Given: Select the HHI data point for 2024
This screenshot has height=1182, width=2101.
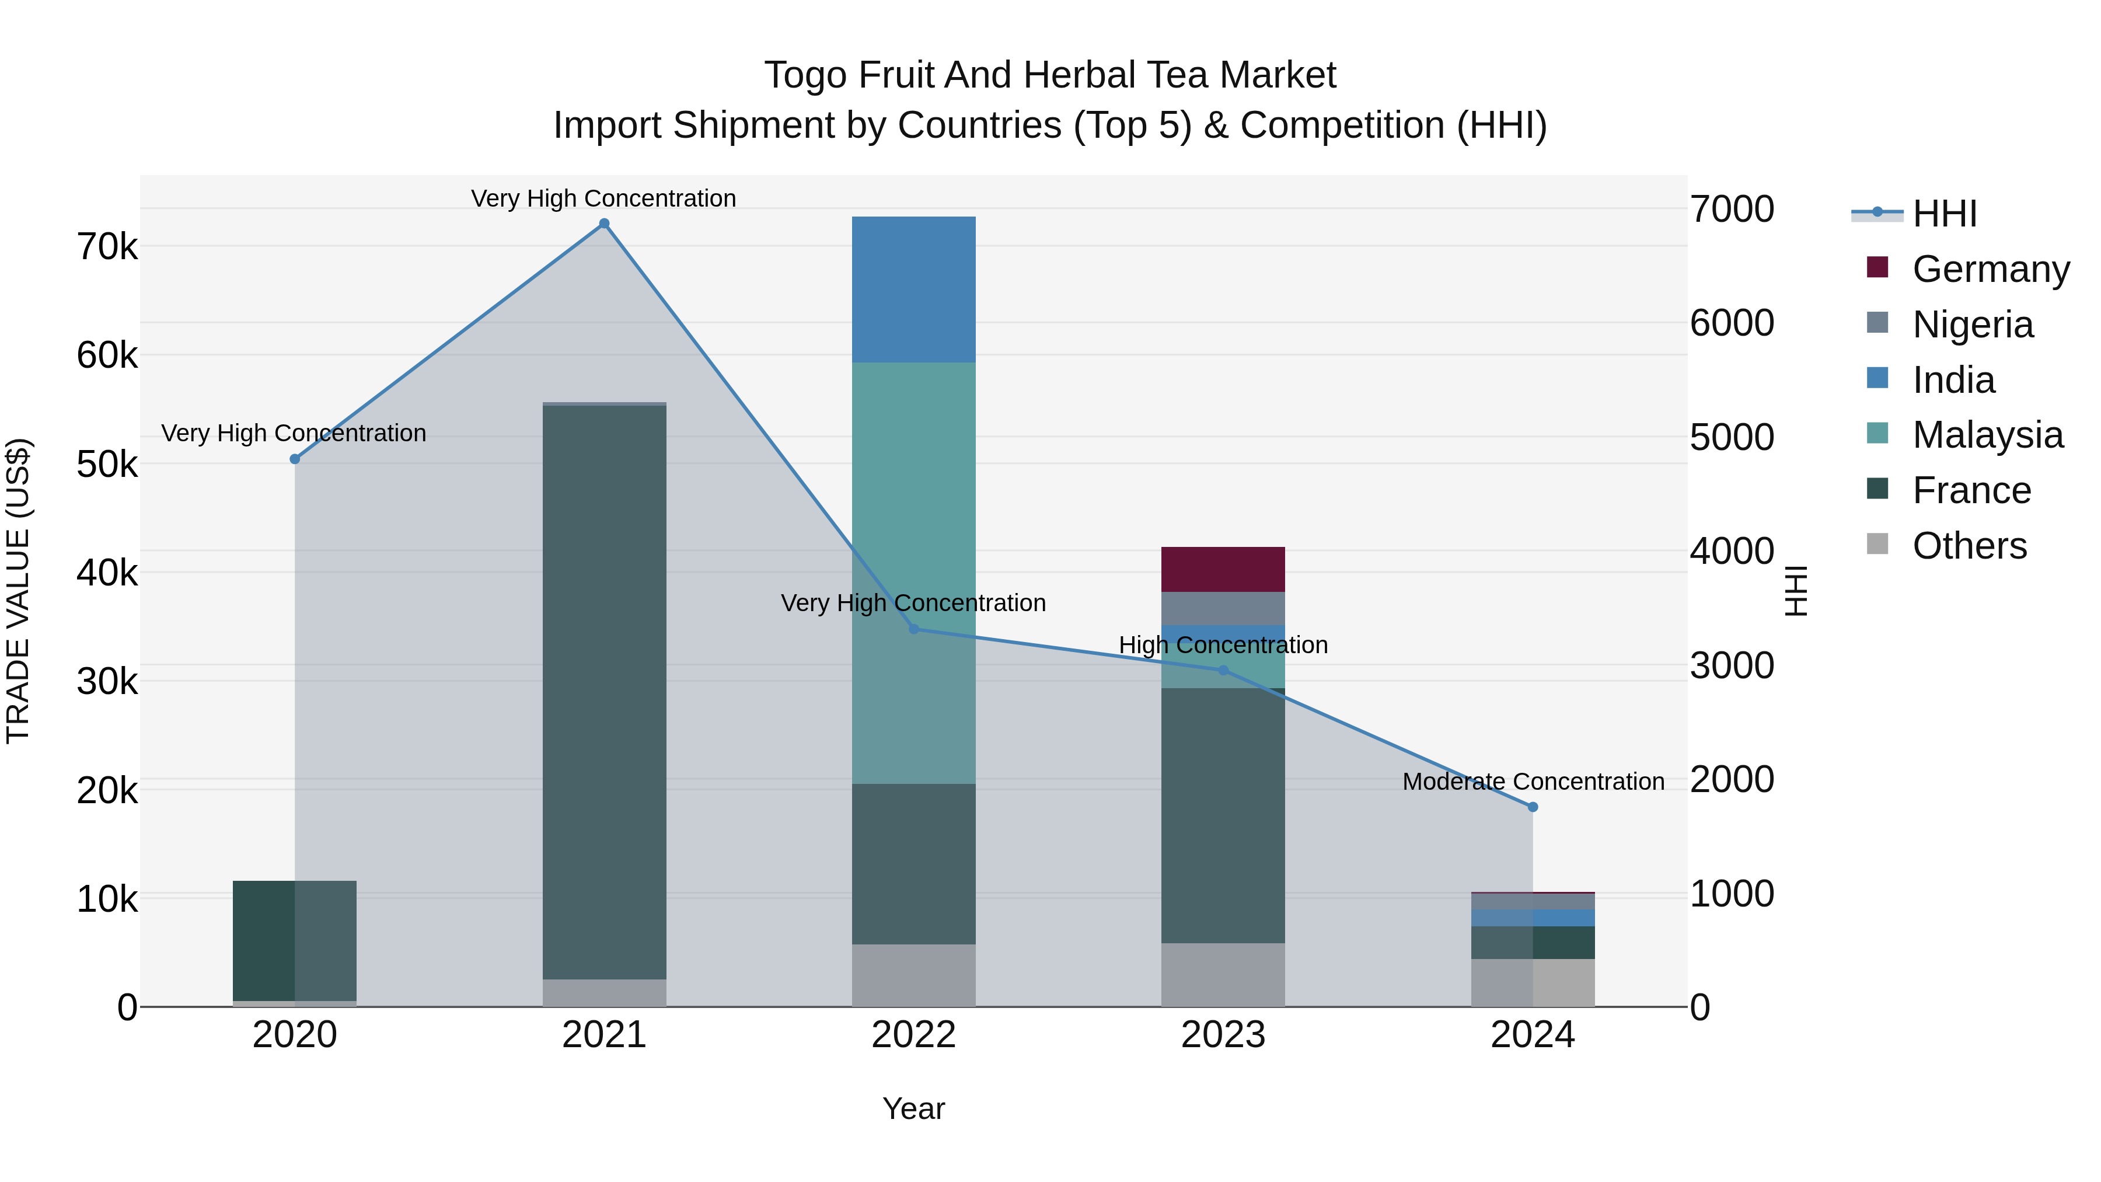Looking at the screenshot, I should (1533, 807).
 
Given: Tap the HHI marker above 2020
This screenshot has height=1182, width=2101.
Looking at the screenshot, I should (295, 459).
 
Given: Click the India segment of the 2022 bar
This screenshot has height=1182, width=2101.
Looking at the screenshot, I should (913, 290).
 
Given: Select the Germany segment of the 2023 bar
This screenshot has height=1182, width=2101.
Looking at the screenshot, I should (1223, 569).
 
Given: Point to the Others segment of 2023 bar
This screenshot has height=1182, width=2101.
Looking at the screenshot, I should (1223, 975).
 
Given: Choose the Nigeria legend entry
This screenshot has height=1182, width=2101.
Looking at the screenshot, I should (1972, 325).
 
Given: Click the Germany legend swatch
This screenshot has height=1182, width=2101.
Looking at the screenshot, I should (1877, 267).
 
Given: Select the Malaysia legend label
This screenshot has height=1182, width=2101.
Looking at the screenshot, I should (1988, 435).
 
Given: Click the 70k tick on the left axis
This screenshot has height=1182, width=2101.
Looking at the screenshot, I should (107, 246).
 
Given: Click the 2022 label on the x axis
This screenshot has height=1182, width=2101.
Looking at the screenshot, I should (913, 1035).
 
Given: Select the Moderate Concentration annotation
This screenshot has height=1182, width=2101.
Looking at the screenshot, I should (1533, 782).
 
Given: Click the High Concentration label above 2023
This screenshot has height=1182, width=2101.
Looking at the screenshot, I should (1223, 645).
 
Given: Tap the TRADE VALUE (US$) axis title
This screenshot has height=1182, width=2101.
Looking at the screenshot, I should (18, 591).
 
